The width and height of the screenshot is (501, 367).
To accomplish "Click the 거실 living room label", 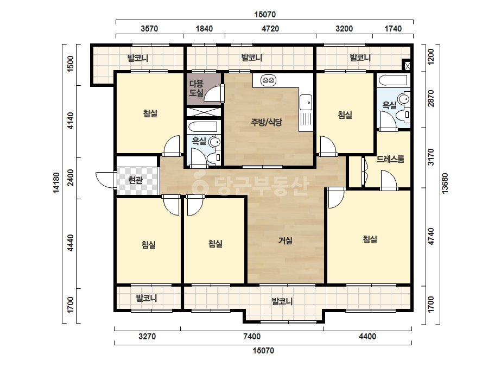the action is pyautogui.click(x=286, y=240).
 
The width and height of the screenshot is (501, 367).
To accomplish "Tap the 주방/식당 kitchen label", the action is pyautogui.click(x=267, y=122).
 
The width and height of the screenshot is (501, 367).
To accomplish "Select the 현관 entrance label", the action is pyautogui.click(x=135, y=180).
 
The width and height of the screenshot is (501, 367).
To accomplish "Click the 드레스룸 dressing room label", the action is pyautogui.click(x=390, y=159).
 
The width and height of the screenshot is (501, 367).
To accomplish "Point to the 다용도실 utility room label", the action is pyautogui.click(x=196, y=88).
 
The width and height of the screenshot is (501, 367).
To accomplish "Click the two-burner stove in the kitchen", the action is pyautogui.click(x=268, y=80).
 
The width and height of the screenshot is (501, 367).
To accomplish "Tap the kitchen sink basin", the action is pyautogui.click(x=306, y=102).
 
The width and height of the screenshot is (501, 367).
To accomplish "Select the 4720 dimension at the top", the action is pyautogui.click(x=270, y=29).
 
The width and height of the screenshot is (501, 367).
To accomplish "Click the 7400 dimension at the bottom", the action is pyautogui.click(x=252, y=336).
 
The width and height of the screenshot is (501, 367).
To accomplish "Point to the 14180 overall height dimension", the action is pyautogui.click(x=56, y=182).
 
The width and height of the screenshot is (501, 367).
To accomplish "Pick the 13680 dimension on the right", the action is pyautogui.click(x=445, y=183).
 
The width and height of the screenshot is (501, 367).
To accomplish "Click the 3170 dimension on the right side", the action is pyautogui.click(x=430, y=157).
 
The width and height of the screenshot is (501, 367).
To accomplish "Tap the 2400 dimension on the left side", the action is pyautogui.click(x=71, y=178).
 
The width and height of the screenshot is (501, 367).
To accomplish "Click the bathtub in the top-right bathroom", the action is pyautogui.click(x=392, y=80).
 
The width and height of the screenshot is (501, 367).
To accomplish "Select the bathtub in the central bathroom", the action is pyautogui.click(x=202, y=126).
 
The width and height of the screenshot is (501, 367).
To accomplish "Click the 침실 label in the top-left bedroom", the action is pyautogui.click(x=150, y=113).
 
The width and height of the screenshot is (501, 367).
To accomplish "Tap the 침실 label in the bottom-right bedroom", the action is pyautogui.click(x=370, y=239).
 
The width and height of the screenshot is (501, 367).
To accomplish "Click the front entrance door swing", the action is pyautogui.click(x=105, y=180).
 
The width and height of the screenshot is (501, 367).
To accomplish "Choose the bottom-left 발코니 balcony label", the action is pyautogui.click(x=147, y=298).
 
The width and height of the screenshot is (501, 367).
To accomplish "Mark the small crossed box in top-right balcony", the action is pyautogui.click(x=407, y=66).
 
